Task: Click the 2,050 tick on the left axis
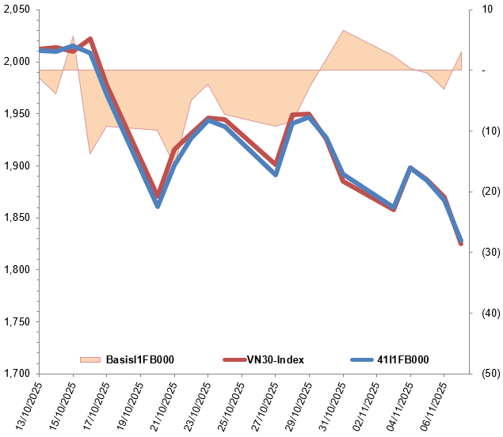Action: [x=17, y=9]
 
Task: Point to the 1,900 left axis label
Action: [x=17, y=165]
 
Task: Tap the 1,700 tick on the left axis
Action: [x=17, y=374]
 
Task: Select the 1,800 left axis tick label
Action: [x=17, y=270]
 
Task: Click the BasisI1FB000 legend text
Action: [x=139, y=359]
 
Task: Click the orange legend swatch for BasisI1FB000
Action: [x=90, y=359]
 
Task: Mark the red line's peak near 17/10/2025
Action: [x=90, y=39]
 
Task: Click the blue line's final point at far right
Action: [x=461, y=241]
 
